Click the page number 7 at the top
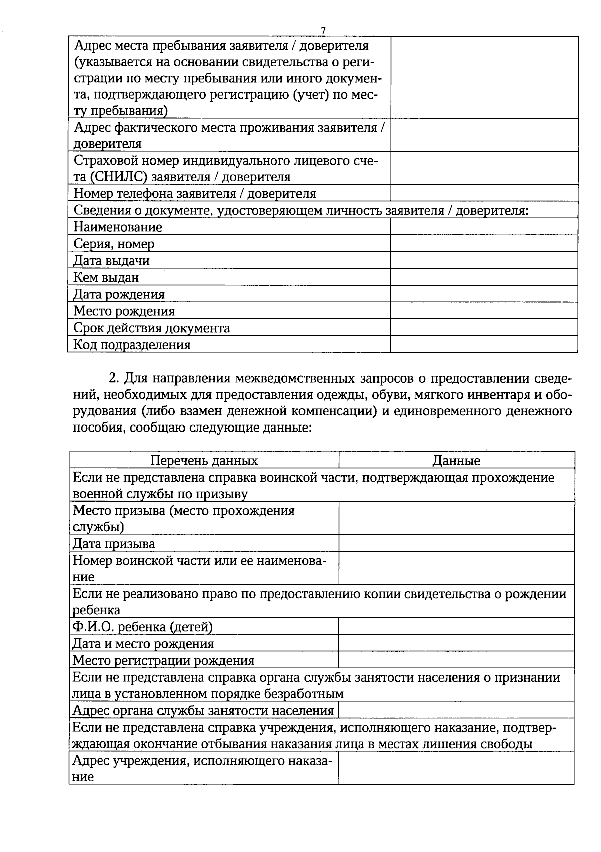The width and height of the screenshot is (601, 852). (x=323, y=31)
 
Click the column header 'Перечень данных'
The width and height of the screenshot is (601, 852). (x=204, y=460)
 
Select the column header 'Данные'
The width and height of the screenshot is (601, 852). (x=456, y=460)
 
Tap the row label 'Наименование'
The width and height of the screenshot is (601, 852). (x=118, y=227)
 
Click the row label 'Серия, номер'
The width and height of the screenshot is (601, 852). (x=114, y=244)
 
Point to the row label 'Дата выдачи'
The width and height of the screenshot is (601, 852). (x=111, y=261)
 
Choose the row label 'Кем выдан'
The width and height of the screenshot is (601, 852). (x=106, y=277)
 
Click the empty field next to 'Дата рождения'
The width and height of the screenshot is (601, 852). (x=483, y=294)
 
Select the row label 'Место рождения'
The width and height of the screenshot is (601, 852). (x=124, y=311)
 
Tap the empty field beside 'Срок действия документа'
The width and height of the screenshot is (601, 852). (x=483, y=328)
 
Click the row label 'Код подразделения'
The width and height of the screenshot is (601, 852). (x=132, y=345)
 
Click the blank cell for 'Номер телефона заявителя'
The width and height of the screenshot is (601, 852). (x=483, y=193)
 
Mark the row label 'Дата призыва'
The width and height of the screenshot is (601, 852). (x=114, y=543)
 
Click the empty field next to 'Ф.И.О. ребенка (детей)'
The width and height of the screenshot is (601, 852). (x=456, y=626)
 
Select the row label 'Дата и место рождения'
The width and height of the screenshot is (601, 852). (x=143, y=643)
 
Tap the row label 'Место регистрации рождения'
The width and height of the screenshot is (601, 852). (x=163, y=660)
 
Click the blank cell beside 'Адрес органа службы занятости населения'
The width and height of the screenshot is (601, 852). (x=456, y=710)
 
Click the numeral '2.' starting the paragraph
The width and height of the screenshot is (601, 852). (x=114, y=378)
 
